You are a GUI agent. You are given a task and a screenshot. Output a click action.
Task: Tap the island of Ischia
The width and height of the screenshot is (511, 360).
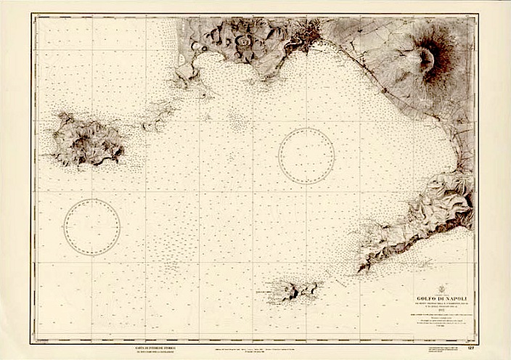click(86, 139)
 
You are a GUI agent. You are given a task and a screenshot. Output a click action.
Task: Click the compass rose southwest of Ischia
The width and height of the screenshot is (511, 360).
click(91, 227)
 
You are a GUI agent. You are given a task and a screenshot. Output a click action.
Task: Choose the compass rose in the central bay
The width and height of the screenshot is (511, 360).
click(306, 155)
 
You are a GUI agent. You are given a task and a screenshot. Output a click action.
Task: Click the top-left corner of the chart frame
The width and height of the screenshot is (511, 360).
click(33, 16)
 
